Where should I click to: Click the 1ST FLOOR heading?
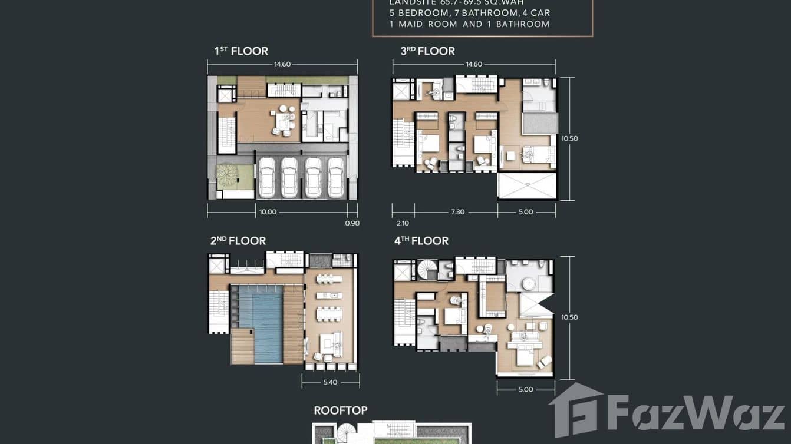pos(241,51)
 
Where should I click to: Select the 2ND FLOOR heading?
pos(238,241)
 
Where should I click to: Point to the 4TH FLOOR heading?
pos(421,241)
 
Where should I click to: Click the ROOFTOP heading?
pos(341,410)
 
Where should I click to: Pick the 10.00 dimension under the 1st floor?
pos(268,212)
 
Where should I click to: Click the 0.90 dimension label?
pos(352,224)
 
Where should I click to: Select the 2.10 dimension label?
pos(403,224)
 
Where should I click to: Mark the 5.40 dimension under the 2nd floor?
pos(331,382)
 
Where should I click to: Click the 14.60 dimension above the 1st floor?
pos(282,64)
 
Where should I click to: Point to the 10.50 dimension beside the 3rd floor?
pos(569,139)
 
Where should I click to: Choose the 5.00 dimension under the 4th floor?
pos(525,389)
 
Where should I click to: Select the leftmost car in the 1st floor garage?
pos(267,177)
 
